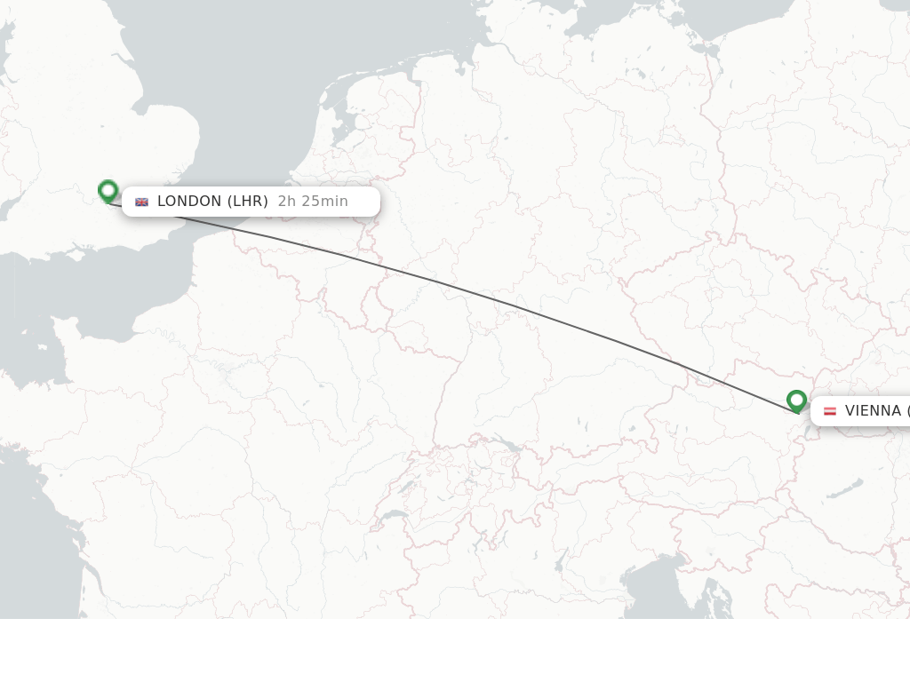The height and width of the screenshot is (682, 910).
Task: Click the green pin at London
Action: (x=108, y=190)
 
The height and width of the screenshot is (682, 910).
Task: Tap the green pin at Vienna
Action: (x=796, y=400)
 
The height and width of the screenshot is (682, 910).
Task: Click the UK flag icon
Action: (x=142, y=202)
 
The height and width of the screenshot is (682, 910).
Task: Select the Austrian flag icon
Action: (x=830, y=411)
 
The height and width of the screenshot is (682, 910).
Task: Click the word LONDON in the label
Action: (x=189, y=202)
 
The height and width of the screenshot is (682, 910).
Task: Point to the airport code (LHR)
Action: (x=248, y=202)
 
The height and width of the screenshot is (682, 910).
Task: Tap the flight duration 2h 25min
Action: (x=313, y=202)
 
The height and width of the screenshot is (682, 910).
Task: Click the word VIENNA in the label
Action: (x=873, y=411)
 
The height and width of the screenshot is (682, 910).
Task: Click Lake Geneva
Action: (x=394, y=516)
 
